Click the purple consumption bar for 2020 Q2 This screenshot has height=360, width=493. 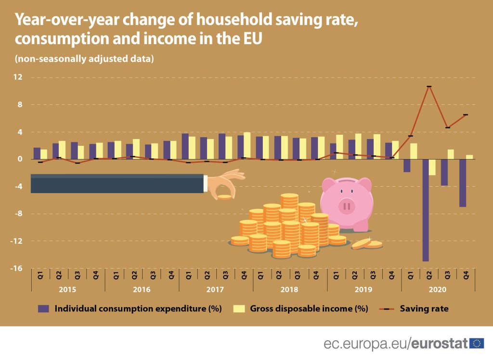(x=425, y=210)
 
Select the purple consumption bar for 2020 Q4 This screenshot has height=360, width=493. (x=462, y=183)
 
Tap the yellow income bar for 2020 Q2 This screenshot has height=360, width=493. (x=432, y=167)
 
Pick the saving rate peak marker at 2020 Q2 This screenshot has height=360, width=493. (x=428, y=87)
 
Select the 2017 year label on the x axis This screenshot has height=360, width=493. (x=216, y=290)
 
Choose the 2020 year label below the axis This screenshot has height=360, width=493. (x=438, y=290)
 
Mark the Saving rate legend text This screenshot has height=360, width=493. (x=424, y=309)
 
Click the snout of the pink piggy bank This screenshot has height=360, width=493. (x=347, y=206)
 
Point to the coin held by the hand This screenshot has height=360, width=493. (x=224, y=197)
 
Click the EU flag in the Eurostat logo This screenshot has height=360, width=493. (x=477, y=343)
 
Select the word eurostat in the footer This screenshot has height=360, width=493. (x=440, y=344)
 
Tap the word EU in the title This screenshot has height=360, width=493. (x=252, y=39)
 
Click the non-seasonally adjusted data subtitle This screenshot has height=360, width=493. (x=84, y=59)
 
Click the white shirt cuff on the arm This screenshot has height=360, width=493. (x=206, y=184)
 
